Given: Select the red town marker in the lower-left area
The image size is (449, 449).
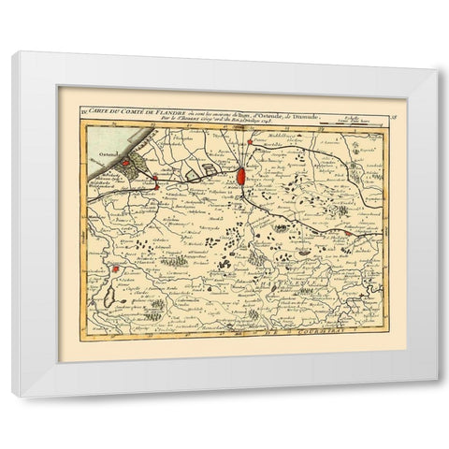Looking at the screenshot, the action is tap(114, 270).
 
